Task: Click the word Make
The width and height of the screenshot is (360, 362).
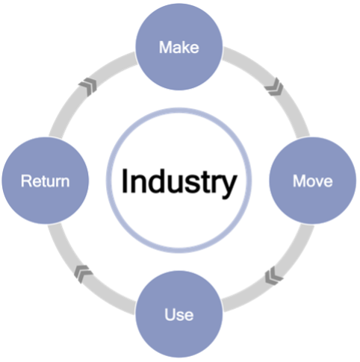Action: (179, 47)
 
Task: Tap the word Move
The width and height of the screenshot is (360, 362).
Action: (313, 181)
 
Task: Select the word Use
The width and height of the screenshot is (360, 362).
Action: (179, 314)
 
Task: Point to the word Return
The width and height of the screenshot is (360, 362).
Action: (45, 181)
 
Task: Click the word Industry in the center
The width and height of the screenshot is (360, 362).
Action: (179, 183)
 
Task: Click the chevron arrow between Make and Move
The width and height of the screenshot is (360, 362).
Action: (274, 87)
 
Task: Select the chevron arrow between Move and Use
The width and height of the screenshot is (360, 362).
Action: (273, 275)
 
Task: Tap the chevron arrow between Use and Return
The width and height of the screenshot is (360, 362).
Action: (83, 274)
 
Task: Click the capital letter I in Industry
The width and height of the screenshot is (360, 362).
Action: (124, 181)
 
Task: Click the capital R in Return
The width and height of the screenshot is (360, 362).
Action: (26, 181)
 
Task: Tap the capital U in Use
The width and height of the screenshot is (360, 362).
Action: (170, 314)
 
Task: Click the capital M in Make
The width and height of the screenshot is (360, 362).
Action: (165, 47)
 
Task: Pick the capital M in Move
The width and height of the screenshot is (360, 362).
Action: (299, 181)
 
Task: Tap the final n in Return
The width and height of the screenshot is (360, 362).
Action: (65, 182)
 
